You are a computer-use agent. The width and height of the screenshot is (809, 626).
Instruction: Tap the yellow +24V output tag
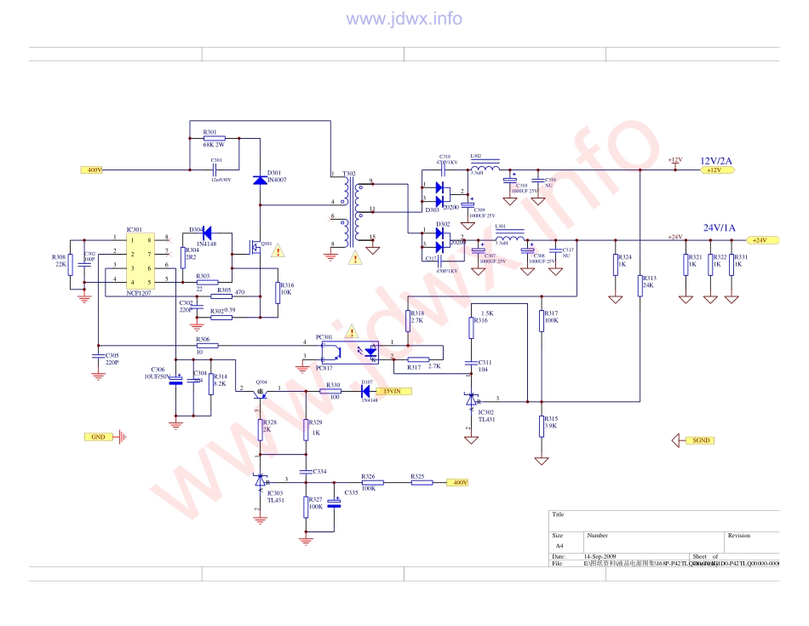(x=758, y=240)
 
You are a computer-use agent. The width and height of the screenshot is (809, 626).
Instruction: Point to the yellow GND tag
(x=98, y=437)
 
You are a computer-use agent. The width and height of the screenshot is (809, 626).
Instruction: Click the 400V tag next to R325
(x=459, y=483)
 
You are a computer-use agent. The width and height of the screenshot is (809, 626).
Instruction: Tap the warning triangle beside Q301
(x=278, y=250)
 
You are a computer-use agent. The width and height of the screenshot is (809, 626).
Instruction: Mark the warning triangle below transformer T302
(x=355, y=257)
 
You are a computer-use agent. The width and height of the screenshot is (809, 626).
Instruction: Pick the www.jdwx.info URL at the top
(x=404, y=19)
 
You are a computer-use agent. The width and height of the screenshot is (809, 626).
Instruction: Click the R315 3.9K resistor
(x=542, y=424)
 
